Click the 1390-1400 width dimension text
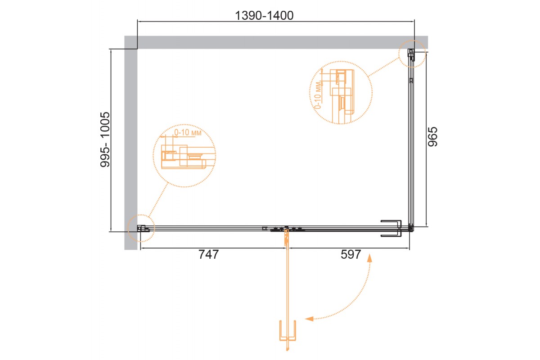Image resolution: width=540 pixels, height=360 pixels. coord(264,16)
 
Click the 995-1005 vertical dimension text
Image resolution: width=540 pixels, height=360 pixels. coord(105,139)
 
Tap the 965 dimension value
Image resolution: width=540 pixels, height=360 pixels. coord(432,137)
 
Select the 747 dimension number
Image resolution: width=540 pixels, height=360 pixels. coord(208,254)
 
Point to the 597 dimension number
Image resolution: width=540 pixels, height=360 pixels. coord(351,254)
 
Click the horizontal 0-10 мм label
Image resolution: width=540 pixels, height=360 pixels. coord(188,132)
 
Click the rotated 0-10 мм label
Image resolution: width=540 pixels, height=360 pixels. coord(318,95)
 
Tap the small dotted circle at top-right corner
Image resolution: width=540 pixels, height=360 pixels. coord(412,54)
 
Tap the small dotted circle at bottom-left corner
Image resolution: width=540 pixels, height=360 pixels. coord(141,228)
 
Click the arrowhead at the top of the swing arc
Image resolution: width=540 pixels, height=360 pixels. coord(369,258)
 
